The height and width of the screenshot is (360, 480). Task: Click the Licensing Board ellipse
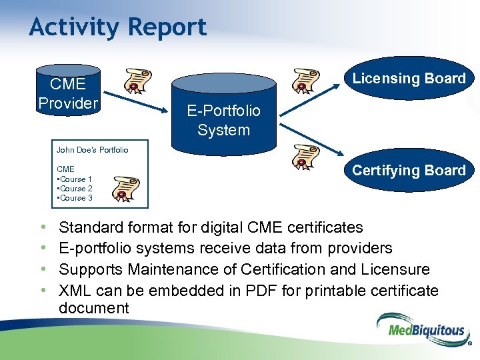(408, 78)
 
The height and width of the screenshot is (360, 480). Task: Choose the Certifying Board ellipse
(408, 171)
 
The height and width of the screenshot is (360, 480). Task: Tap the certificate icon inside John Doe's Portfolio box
(125, 189)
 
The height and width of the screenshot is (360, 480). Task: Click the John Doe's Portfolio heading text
(92, 150)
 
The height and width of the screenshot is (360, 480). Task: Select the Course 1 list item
(75, 179)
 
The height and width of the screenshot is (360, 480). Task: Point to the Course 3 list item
(75, 198)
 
